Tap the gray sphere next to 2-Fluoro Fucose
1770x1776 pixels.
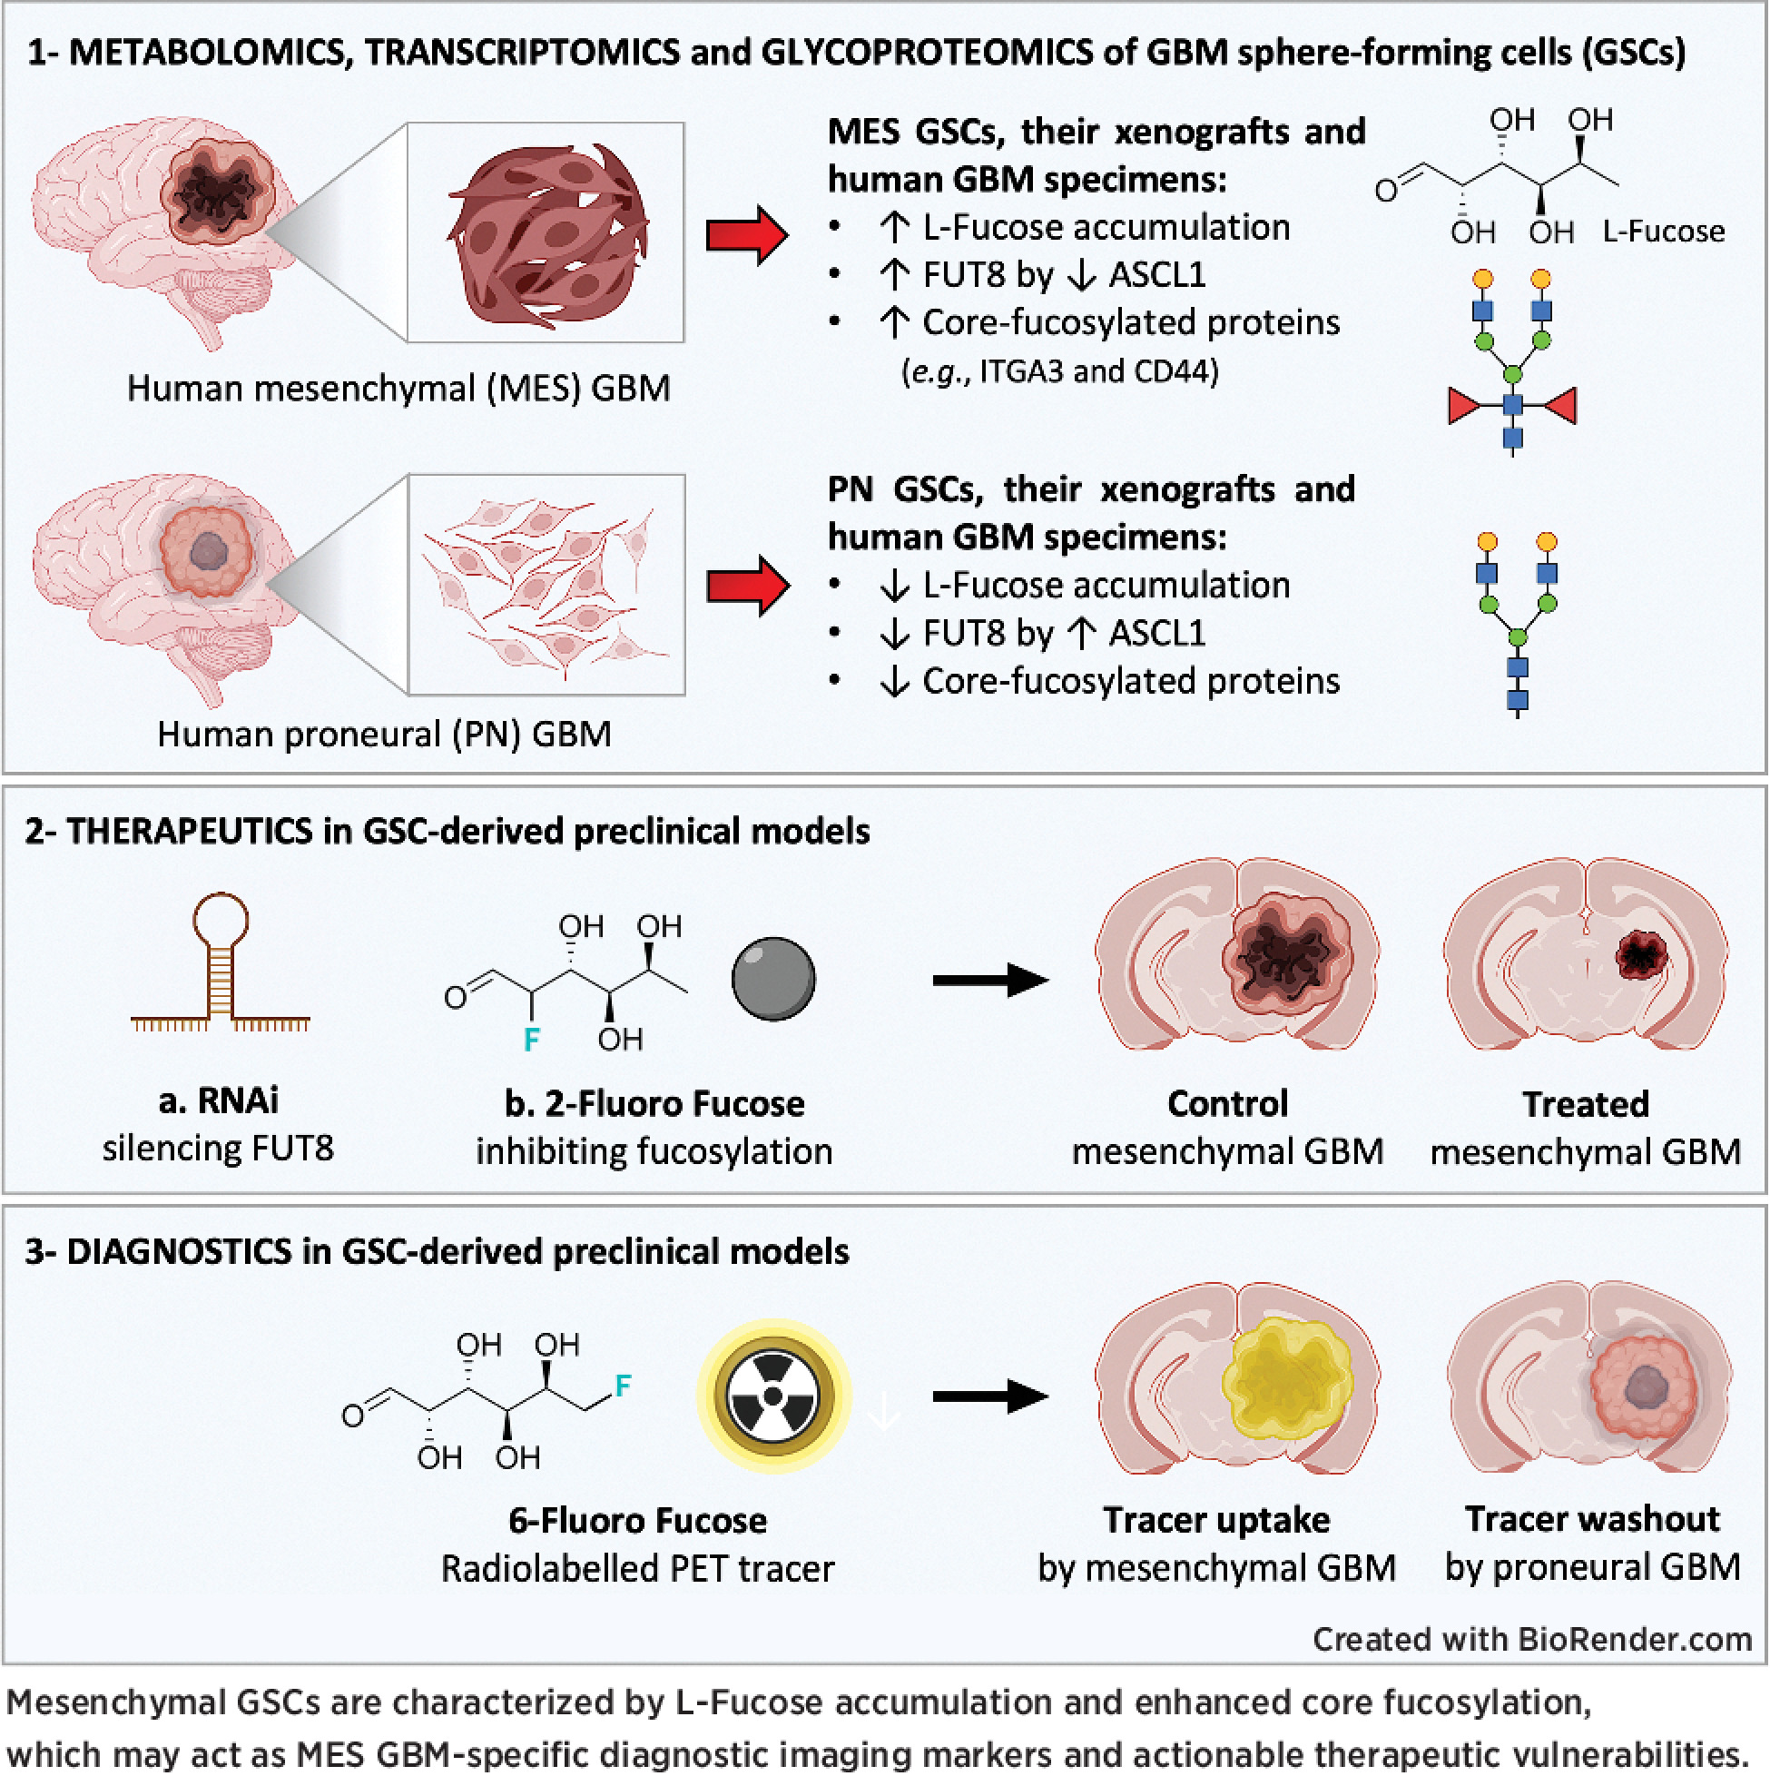pyautogui.click(x=772, y=979)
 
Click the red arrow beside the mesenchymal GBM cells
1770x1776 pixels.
pyautogui.click(x=746, y=235)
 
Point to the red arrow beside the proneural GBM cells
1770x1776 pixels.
pyautogui.click(x=747, y=585)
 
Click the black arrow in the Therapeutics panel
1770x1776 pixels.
pyautogui.click(x=989, y=980)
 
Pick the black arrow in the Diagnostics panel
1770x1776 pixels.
pyautogui.click(x=989, y=1396)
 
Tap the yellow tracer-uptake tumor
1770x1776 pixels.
pyautogui.click(x=1286, y=1378)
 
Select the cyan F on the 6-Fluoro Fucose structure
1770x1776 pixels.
pyautogui.click(x=623, y=1386)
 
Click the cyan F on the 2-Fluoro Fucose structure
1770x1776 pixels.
pyautogui.click(x=531, y=1040)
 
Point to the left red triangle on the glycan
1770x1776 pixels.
pyautogui.click(x=1466, y=405)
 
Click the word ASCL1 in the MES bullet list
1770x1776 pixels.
pyautogui.click(x=1157, y=275)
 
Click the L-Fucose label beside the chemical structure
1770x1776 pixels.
pyautogui.click(x=1664, y=232)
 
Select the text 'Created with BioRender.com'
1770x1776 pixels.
pyautogui.click(x=1531, y=1639)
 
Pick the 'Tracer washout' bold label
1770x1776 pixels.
pyautogui.click(x=1592, y=1519)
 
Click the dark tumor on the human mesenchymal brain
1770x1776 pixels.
pyautogui.click(x=217, y=192)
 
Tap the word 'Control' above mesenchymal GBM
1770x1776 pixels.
pyautogui.click(x=1228, y=1103)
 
